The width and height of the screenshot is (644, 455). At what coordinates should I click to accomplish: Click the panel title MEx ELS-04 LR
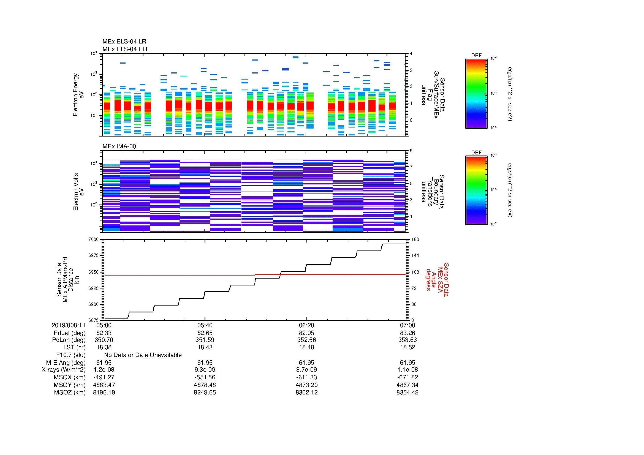coord(124,42)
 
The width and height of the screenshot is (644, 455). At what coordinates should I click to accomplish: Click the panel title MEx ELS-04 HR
coord(124,49)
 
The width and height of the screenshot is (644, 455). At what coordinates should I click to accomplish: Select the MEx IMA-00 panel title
coord(119,146)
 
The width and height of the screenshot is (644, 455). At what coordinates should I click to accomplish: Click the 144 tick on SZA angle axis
coord(415,255)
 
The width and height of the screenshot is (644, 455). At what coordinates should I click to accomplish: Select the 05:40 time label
coord(205,325)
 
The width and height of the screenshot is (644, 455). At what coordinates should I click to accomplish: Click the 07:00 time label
coord(407,325)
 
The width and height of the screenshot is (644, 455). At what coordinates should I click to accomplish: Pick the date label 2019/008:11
coord(69,325)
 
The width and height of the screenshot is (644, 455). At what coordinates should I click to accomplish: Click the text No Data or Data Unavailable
coord(143,355)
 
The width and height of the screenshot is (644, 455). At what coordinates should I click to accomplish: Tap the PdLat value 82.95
coord(306,333)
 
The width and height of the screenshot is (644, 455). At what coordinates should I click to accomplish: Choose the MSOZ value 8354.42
coord(407,393)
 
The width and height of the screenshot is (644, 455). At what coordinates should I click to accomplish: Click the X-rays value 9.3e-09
coord(205,370)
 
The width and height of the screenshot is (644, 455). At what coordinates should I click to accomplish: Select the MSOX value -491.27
coord(104,377)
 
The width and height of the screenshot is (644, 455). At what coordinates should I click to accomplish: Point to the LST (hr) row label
coord(74,347)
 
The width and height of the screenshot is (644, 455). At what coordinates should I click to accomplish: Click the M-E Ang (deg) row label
coord(66,363)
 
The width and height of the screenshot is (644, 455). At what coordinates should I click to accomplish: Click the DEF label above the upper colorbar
coord(476,56)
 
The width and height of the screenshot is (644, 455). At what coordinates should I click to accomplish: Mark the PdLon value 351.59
coord(205,340)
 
